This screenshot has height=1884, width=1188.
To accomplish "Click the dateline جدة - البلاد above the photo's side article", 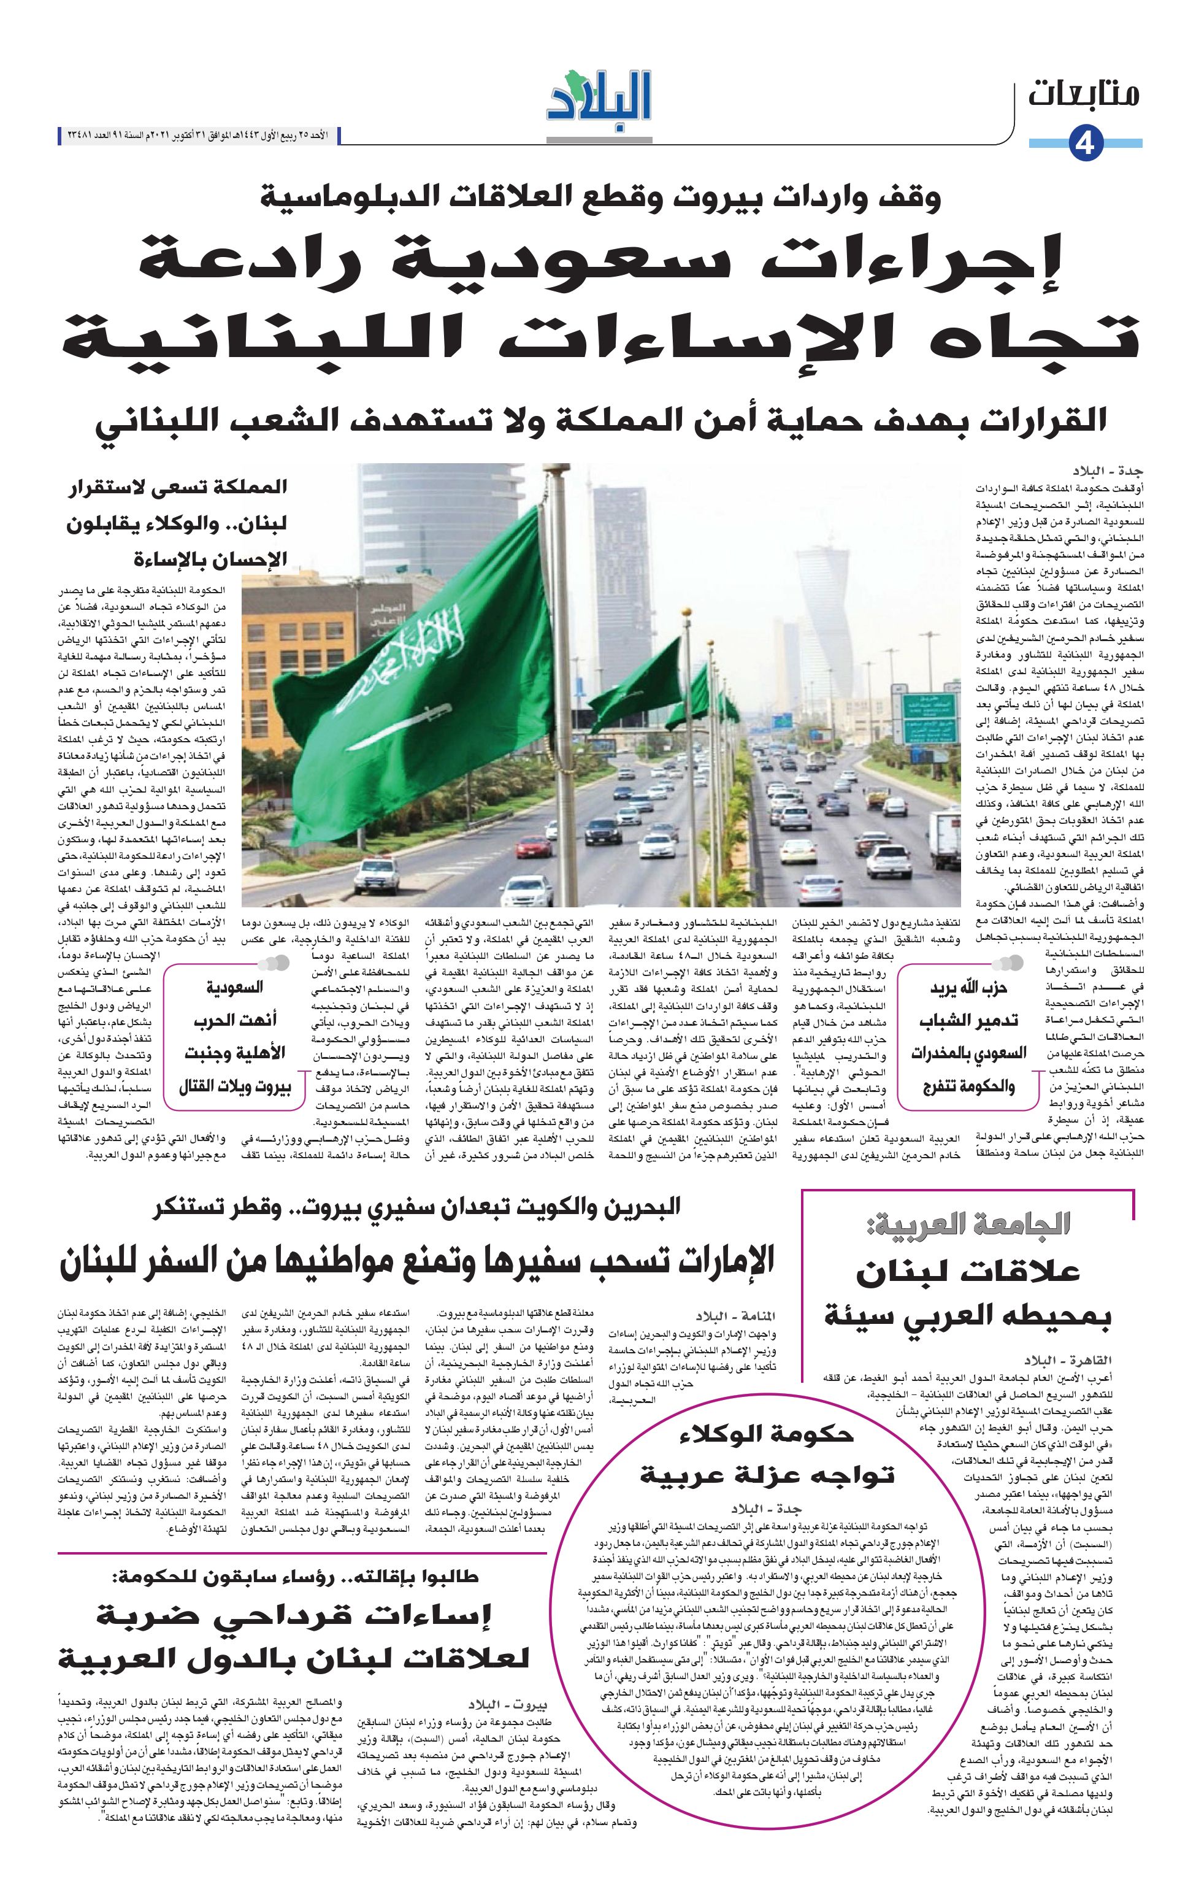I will tap(1108, 472).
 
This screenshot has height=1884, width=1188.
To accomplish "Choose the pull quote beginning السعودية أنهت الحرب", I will tap(235, 1037).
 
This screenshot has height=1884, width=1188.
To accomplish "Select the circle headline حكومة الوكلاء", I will tap(767, 1434).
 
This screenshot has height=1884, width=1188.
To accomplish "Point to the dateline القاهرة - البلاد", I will tap(1068, 1361).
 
